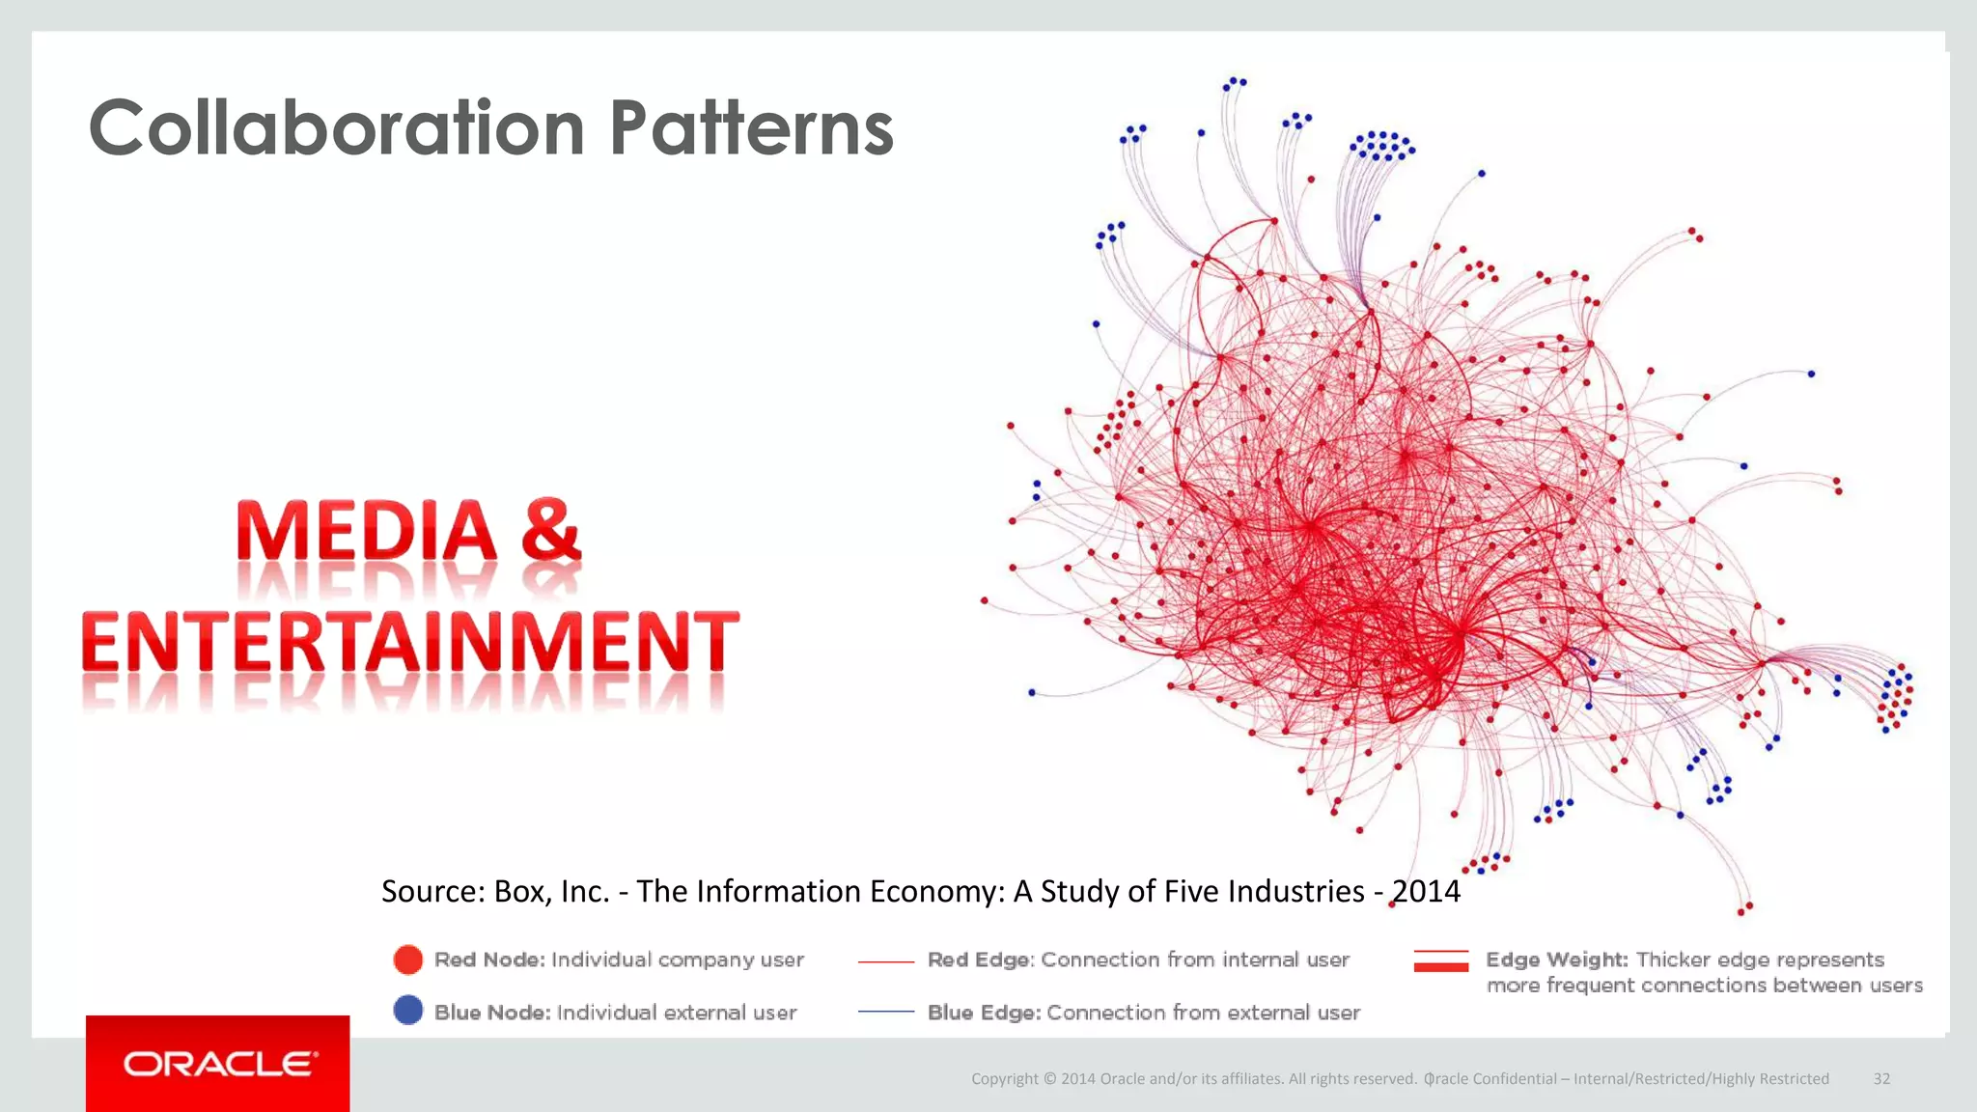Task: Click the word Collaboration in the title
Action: point(336,128)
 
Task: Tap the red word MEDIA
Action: point(366,532)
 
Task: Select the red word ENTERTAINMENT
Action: point(410,644)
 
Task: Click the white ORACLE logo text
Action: point(219,1064)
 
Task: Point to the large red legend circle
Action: point(408,959)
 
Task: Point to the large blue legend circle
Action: point(408,1011)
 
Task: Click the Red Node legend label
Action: point(489,959)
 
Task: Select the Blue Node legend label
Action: point(492,1013)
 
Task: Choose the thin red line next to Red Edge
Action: point(885,961)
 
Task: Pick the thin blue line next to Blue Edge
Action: point(885,1012)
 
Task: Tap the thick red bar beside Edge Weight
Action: point(1440,965)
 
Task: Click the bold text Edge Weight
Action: point(1556,959)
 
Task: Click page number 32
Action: point(1881,1078)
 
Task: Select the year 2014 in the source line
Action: point(1426,891)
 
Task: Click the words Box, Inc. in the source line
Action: point(551,891)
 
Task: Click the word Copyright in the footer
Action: point(1004,1078)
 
